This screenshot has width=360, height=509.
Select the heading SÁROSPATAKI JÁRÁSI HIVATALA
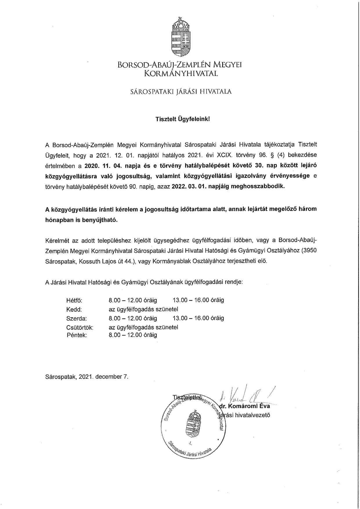pos(181,92)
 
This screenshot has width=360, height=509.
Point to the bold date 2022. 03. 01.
pos(189,186)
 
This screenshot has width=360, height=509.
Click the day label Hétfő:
pos(74,300)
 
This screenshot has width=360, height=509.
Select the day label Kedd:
pos(74,309)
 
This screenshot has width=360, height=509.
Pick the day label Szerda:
pos(77,318)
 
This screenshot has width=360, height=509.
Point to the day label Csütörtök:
pos(80,328)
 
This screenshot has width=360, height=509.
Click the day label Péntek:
pos(77,335)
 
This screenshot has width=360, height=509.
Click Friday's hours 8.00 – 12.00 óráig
pos(133,335)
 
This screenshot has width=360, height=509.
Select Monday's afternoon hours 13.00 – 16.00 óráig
pos(198,300)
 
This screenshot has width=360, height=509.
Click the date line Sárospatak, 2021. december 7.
pos(86,377)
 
